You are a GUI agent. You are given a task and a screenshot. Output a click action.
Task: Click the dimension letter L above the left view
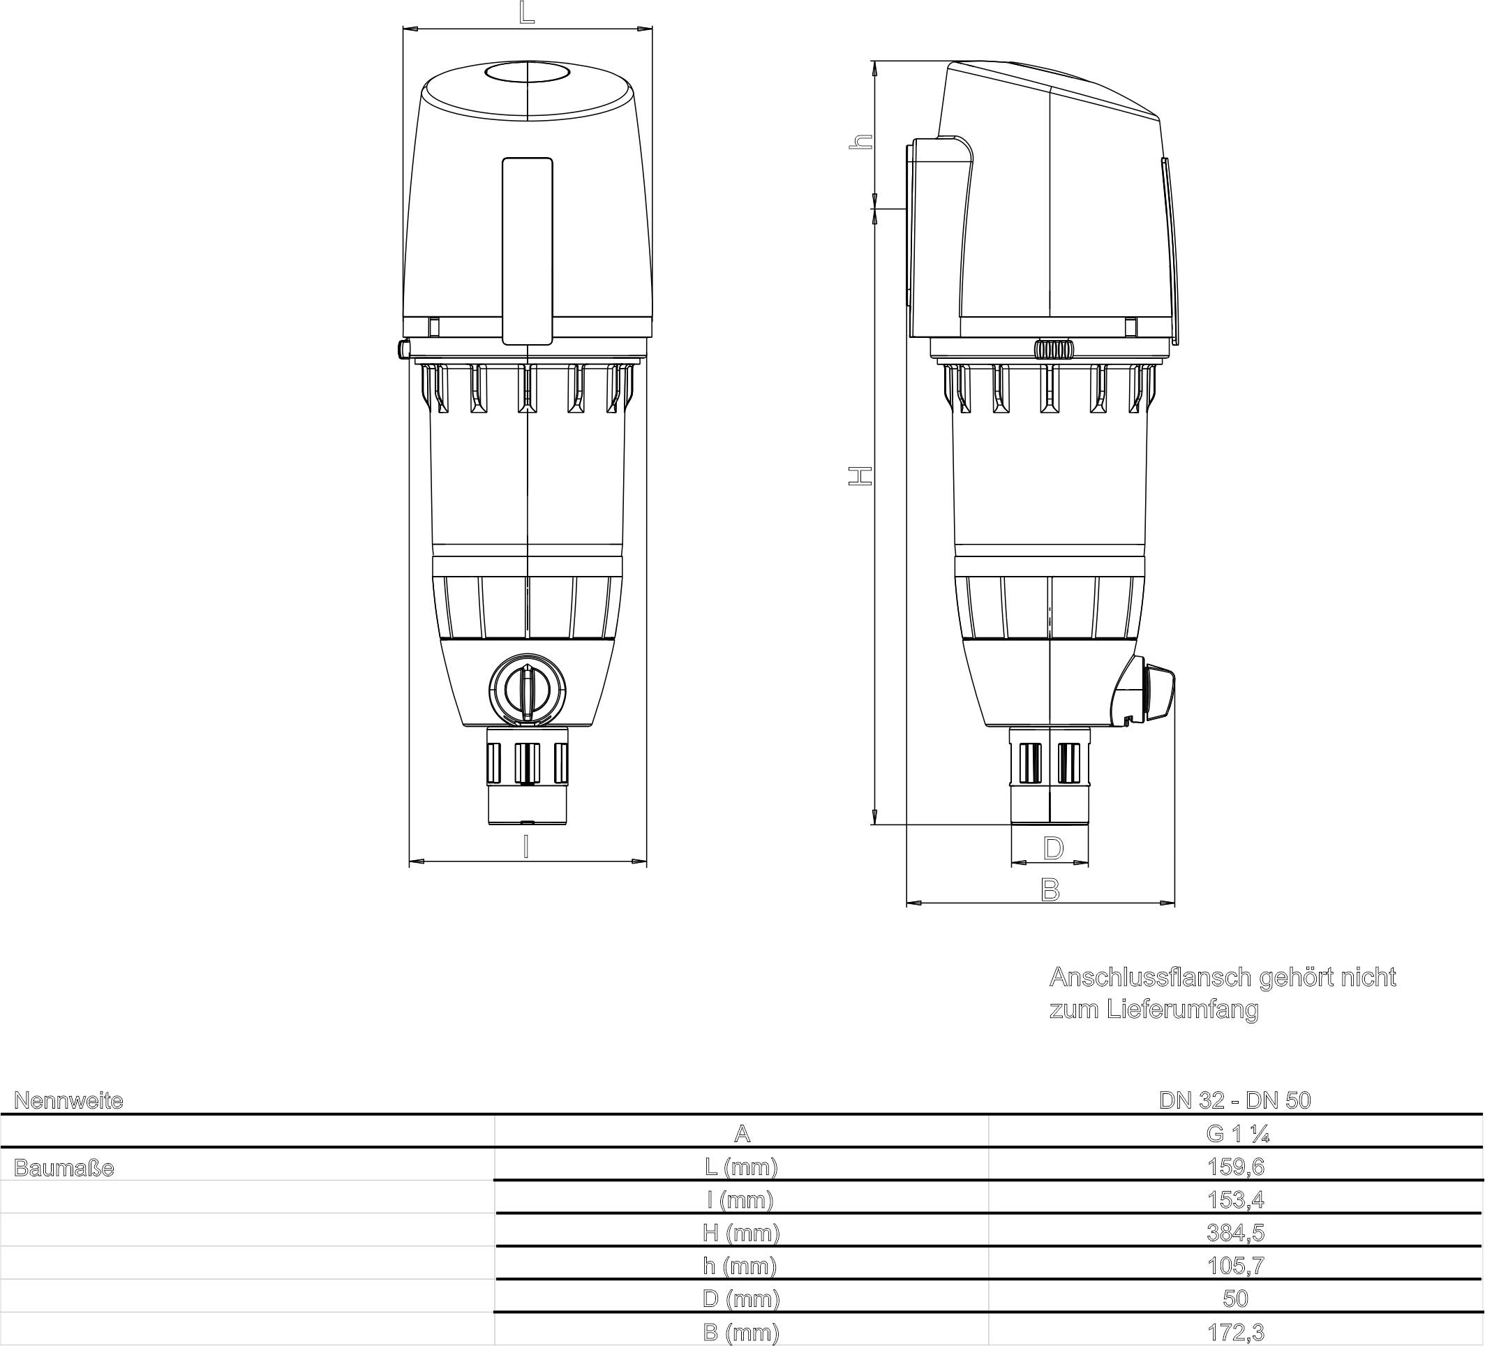point(527,13)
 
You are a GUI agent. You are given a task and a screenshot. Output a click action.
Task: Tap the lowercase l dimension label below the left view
point(525,848)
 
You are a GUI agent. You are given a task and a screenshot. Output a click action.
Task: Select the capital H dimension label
point(860,476)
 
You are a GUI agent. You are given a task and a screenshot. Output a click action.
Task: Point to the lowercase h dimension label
point(861,142)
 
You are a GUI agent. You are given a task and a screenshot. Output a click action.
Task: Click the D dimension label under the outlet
point(1053,848)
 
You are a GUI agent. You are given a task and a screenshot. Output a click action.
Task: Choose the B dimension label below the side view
point(1050,890)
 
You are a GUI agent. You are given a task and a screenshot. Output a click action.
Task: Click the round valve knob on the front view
point(528,690)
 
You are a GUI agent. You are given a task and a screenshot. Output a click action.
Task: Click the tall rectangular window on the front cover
point(528,251)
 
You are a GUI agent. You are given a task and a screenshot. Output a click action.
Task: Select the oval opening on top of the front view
point(528,72)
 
